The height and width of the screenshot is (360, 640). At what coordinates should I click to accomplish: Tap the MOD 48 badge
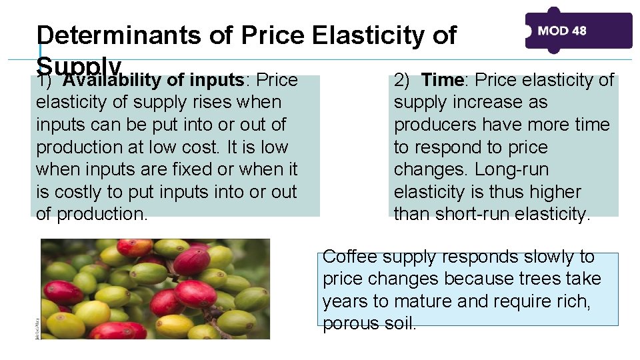click(x=578, y=31)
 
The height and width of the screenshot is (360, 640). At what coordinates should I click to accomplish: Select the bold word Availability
click(x=113, y=81)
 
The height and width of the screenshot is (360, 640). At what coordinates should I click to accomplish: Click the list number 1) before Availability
click(x=45, y=81)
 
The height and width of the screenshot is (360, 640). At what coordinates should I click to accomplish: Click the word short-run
click(x=481, y=214)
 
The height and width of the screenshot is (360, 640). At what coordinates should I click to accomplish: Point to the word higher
click(x=553, y=192)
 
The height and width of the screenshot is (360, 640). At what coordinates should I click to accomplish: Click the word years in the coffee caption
click(x=345, y=301)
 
